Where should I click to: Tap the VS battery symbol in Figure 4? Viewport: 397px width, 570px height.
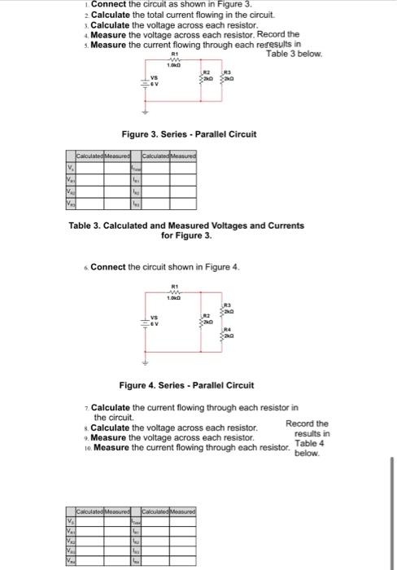point(149,322)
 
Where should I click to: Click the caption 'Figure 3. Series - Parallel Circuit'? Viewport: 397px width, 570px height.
point(189,134)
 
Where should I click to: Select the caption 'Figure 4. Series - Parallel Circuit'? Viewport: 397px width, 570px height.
point(186,384)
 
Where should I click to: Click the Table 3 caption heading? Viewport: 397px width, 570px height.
point(186,230)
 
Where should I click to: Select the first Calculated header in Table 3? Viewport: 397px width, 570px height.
point(86,156)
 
